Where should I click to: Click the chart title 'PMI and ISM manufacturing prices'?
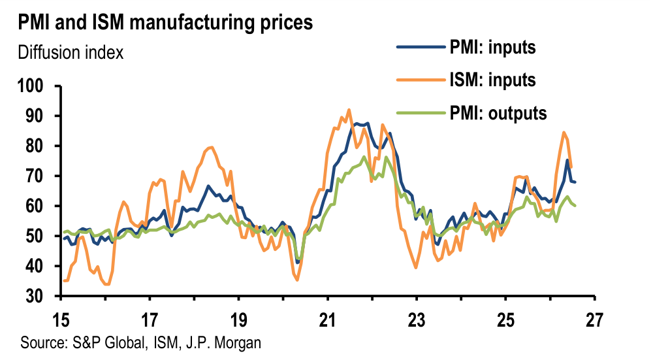[x=165, y=22]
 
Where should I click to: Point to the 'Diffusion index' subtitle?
[x=71, y=53]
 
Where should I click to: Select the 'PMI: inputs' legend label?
[x=492, y=47]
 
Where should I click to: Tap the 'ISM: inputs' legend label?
[x=492, y=80]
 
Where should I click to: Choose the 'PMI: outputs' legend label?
[x=498, y=113]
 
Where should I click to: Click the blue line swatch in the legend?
[x=421, y=47]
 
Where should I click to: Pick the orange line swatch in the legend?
[x=421, y=80]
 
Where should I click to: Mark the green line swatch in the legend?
[x=421, y=112]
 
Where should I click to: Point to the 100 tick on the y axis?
[x=31, y=86]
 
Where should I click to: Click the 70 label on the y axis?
[x=35, y=176]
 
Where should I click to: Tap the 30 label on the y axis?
[x=35, y=296]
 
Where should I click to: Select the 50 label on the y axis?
[x=35, y=236]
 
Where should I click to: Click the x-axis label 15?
[x=61, y=319]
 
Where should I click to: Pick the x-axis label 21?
[x=328, y=319]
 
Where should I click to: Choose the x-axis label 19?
[x=238, y=319]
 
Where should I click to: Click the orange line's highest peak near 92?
[x=349, y=110]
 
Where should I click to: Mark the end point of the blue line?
[x=575, y=182]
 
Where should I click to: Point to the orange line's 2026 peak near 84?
[x=564, y=133]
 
